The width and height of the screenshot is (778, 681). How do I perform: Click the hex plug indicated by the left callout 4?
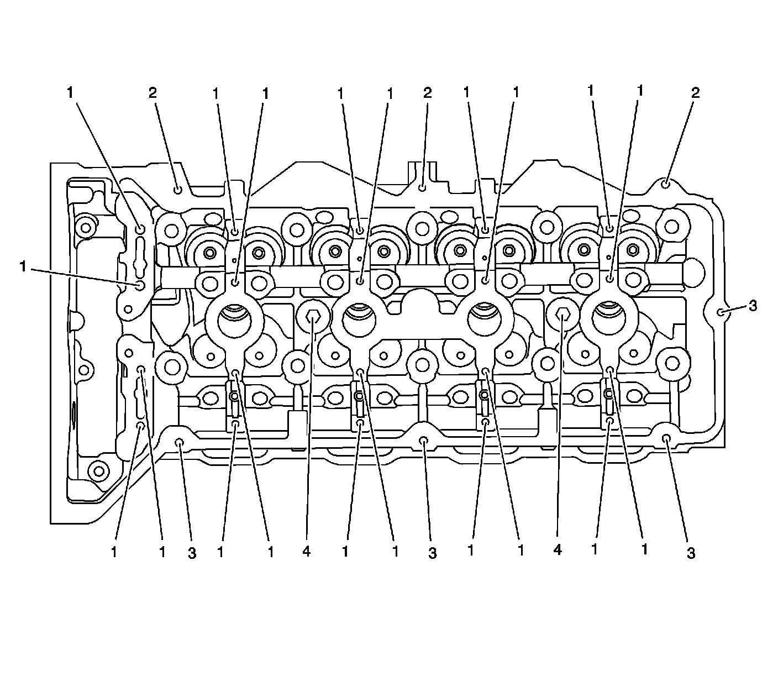pos(313,317)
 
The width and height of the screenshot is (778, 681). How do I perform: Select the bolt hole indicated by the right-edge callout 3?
pos(721,312)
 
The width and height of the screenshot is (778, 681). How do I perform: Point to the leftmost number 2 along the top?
pos(153,93)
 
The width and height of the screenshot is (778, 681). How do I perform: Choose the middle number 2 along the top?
pos(427,93)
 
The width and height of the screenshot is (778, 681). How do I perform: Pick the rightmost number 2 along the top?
pos(695,93)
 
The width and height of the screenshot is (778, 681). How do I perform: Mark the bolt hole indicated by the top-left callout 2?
pos(178,190)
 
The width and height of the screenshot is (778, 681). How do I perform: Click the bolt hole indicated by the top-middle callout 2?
pos(422,188)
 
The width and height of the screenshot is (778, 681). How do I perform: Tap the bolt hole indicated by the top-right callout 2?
pos(666,183)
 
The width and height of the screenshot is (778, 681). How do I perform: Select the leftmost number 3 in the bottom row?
pos(192,553)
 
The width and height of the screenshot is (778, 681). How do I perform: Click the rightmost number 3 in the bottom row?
pos(691,553)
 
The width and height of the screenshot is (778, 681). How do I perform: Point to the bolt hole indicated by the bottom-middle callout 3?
pos(424,441)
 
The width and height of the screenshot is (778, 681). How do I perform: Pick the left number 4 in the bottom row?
pos(307,552)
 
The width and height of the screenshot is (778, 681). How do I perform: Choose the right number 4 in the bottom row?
pos(557,551)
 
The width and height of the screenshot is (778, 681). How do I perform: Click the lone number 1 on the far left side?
pos(23,267)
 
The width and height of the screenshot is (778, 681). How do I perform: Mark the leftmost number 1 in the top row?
pos(70,93)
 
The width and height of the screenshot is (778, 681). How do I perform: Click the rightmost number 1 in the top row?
pos(640,91)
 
